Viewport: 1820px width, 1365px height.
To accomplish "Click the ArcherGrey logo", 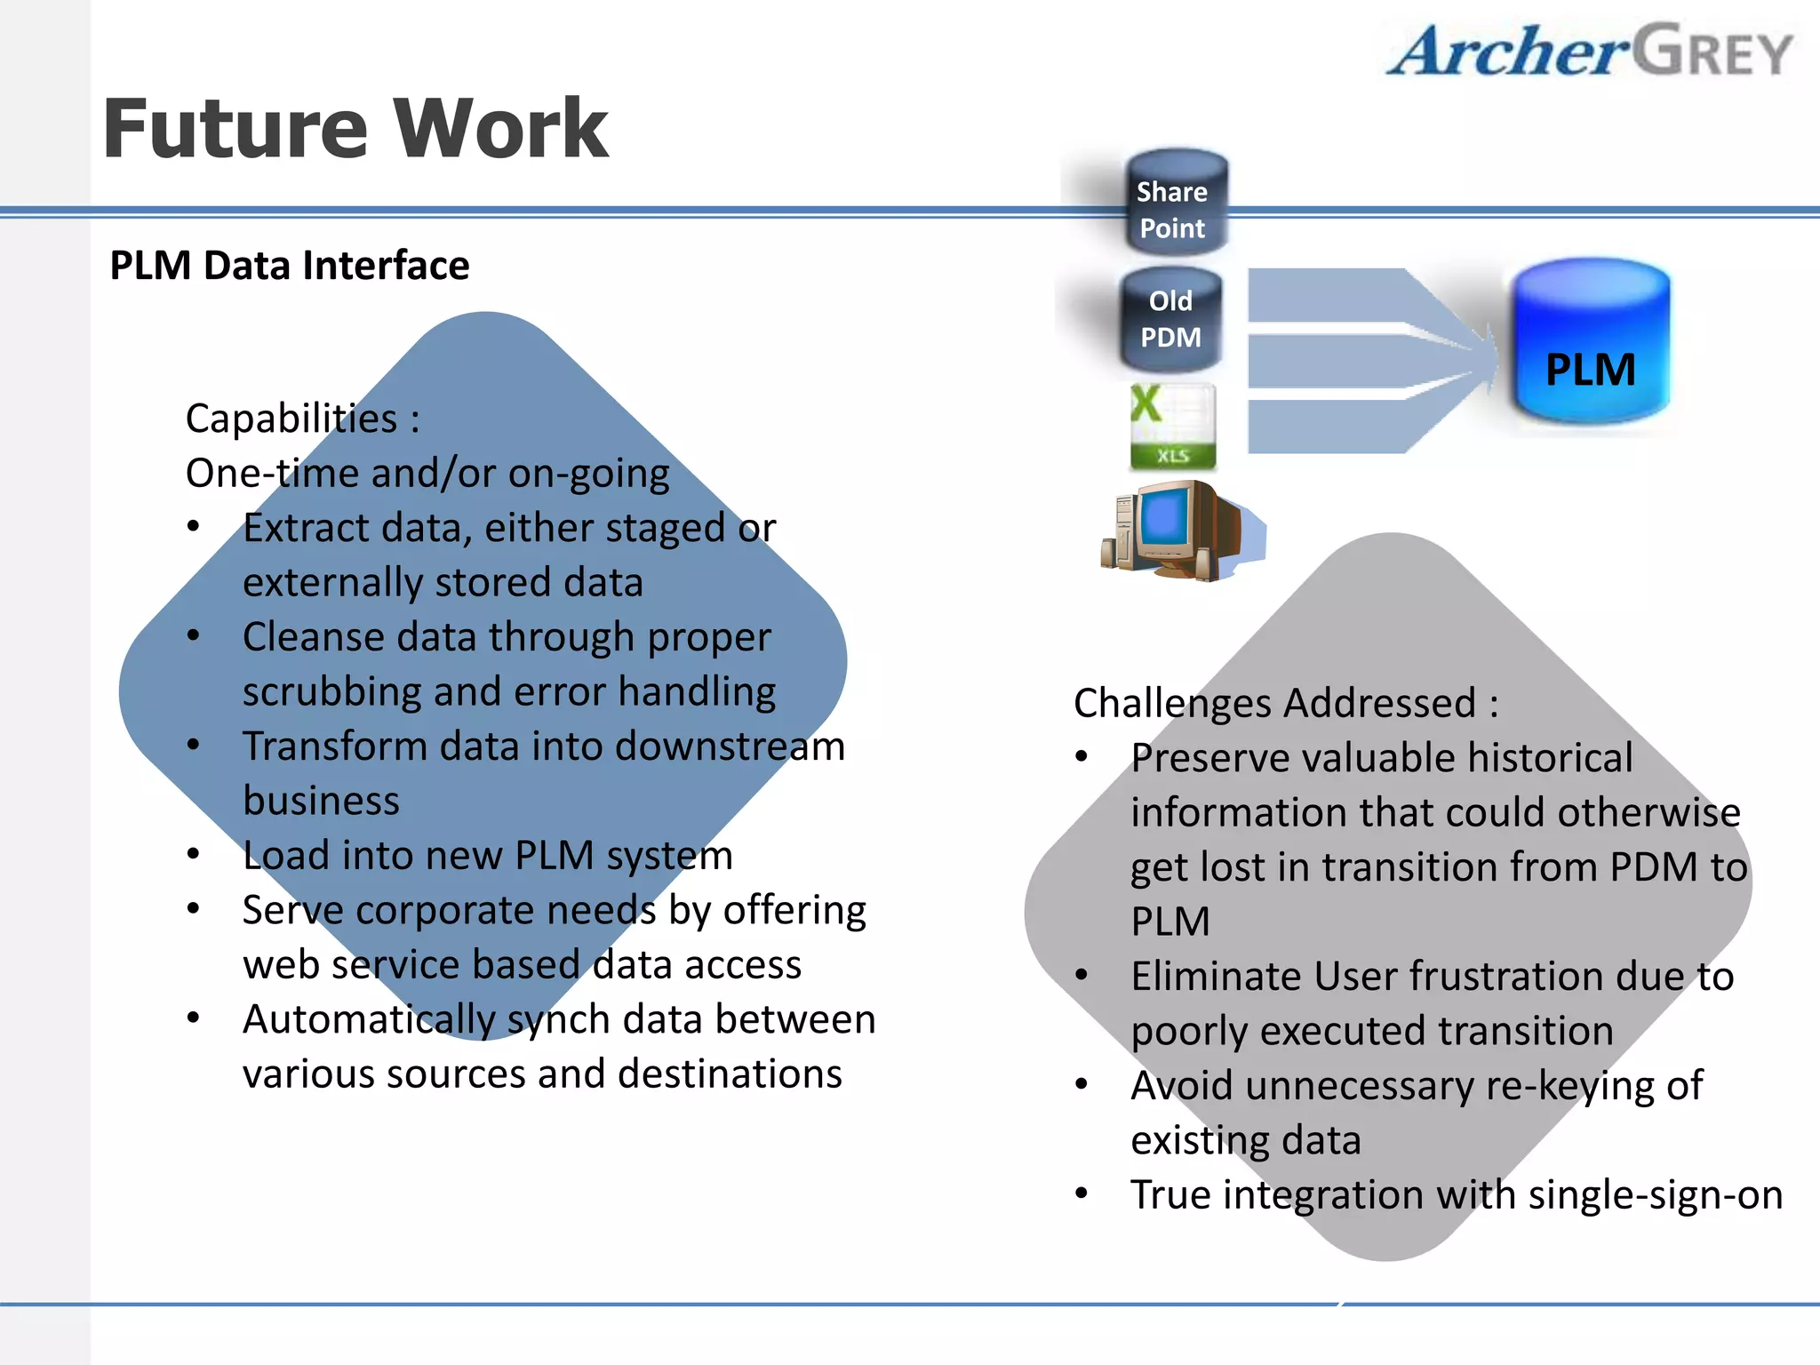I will click(1589, 51).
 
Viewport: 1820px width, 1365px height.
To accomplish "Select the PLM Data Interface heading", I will click(289, 265).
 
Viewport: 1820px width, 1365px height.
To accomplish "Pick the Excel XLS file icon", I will click(1172, 427).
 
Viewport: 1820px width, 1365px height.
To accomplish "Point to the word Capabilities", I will click(291, 419).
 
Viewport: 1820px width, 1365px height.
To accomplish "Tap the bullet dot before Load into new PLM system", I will click(194, 855).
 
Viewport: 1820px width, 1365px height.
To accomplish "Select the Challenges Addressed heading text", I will click(1285, 703).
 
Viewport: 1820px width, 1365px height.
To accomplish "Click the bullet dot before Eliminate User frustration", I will click(1082, 976).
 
